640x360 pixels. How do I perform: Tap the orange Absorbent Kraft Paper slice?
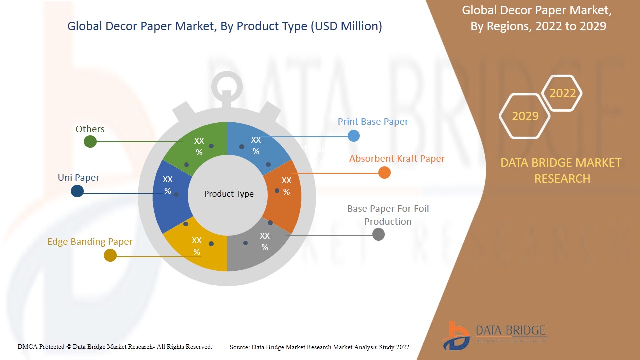284,187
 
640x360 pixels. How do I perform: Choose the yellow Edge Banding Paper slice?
196,245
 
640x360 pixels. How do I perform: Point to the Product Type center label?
229,194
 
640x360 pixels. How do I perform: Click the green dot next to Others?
90,142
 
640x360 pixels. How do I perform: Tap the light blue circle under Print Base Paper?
354,135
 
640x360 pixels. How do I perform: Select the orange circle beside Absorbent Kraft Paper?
384,173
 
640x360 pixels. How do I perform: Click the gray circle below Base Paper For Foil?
379,234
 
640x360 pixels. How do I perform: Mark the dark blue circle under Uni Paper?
77,191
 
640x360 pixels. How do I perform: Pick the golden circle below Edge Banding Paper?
110,256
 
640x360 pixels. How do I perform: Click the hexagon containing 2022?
562,93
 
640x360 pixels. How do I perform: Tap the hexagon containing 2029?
525,116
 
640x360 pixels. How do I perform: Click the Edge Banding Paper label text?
90,242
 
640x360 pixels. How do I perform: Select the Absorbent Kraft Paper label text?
397,159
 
